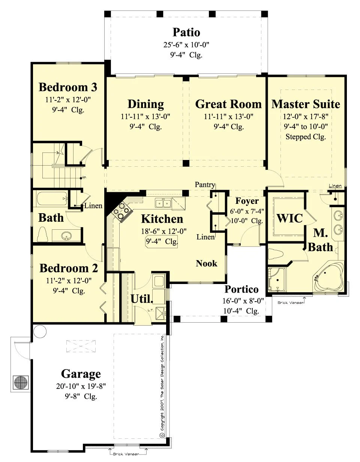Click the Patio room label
186,32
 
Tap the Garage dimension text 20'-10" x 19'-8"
81,386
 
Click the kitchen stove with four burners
121,211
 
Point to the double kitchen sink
163,203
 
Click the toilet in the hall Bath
43,235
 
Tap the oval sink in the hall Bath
66,235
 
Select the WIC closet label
289,218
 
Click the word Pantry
205,185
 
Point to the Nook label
206,263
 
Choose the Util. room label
141,299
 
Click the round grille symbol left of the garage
21,382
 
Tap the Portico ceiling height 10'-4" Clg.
241,311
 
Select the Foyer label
247,201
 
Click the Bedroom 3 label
68,87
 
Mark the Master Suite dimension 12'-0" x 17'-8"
306,117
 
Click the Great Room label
228,104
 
